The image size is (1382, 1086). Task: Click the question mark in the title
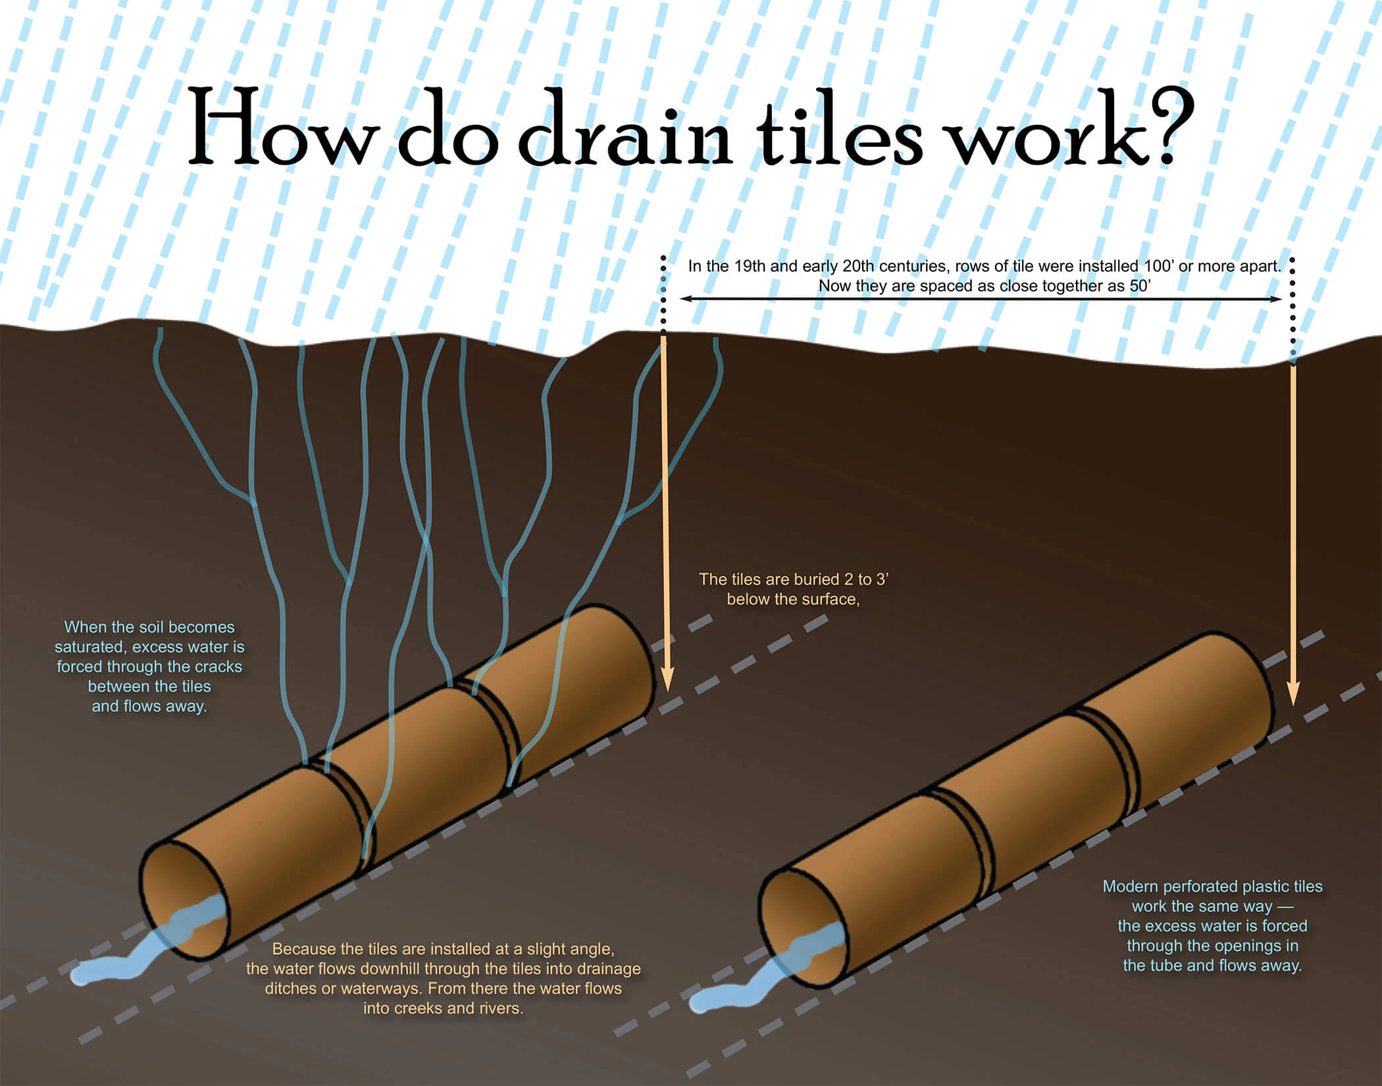pyautogui.click(x=1169, y=128)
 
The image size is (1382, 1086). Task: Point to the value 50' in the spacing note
pyautogui.click(x=1140, y=286)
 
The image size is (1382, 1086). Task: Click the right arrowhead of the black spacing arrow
pyautogui.click(x=1278, y=299)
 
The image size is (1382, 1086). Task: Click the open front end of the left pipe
pyautogui.click(x=184, y=898)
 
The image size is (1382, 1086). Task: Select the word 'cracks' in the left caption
pyautogui.click(x=218, y=667)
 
